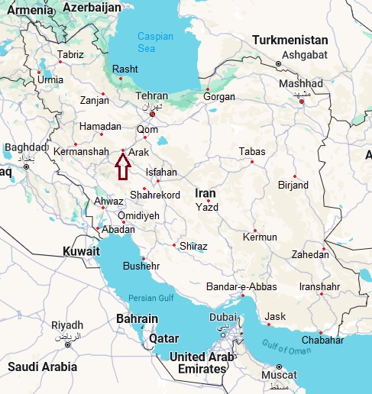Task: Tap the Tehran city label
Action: pyautogui.click(x=151, y=96)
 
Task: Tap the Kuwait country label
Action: pyautogui.click(x=82, y=251)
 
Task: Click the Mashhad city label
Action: pyautogui.click(x=301, y=83)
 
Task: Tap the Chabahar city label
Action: pyautogui.click(x=322, y=340)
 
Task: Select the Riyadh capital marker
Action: pyautogui.click(x=67, y=344)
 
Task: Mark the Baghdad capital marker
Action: pyautogui.click(x=25, y=166)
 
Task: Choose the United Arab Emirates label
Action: pyautogui.click(x=198, y=363)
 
